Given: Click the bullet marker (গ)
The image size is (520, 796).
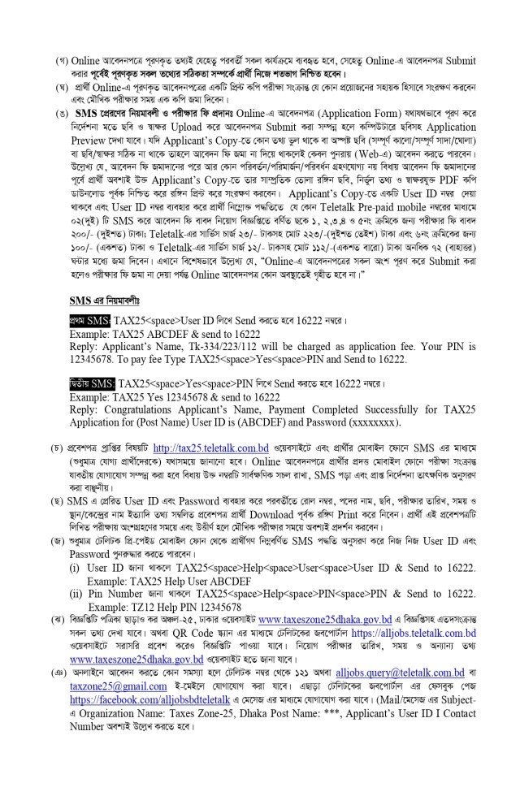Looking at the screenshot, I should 60,62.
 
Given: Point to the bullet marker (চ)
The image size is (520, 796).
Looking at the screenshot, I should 60,448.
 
